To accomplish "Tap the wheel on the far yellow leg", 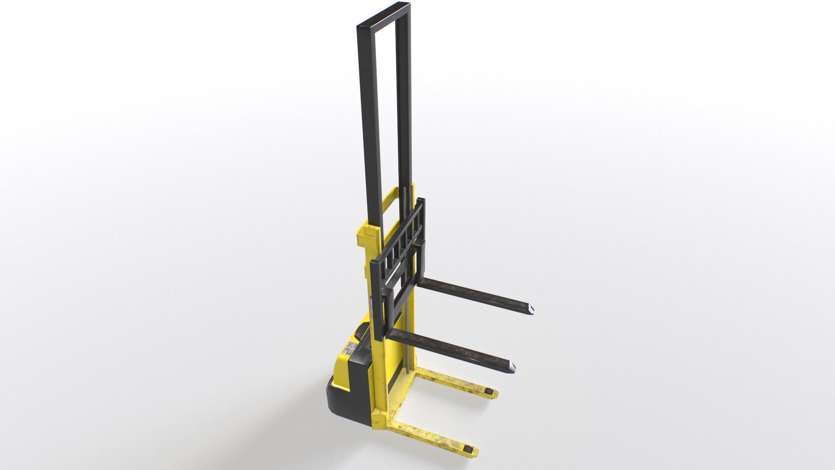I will pyautogui.click(x=491, y=393).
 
